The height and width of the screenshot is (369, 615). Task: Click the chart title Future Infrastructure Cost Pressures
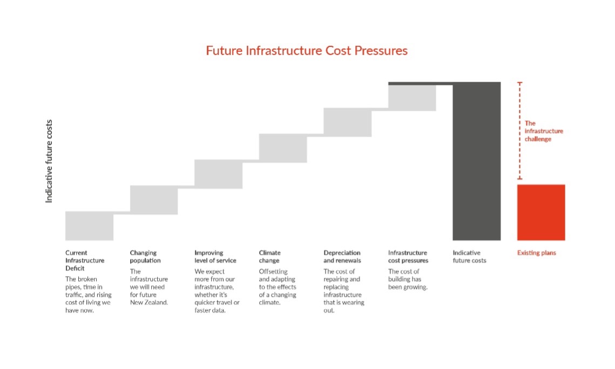click(307, 51)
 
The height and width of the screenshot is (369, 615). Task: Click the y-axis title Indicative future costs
click(49, 161)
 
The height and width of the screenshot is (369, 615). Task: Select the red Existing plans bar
click(541, 212)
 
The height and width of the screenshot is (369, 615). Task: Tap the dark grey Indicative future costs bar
click(476, 162)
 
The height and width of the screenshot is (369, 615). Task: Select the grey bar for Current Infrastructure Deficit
click(89, 225)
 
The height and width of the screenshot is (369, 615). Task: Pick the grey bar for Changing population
click(154, 200)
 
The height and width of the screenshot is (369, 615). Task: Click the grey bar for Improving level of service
click(218, 174)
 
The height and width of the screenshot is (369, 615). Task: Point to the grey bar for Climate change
click(283, 148)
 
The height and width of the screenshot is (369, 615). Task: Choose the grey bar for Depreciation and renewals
click(347, 122)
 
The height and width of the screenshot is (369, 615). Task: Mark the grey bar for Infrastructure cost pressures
click(412, 98)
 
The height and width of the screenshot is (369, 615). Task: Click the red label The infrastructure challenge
click(543, 131)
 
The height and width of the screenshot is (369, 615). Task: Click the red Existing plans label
click(536, 252)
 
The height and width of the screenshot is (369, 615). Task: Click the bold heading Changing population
click(145, 256)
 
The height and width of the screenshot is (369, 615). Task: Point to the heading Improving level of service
click(215, 256)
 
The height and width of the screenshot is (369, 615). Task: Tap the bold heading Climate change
click(269, 256)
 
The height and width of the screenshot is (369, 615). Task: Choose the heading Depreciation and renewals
click(342, 256)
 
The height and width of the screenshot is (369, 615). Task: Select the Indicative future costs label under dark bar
click(469, 256)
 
